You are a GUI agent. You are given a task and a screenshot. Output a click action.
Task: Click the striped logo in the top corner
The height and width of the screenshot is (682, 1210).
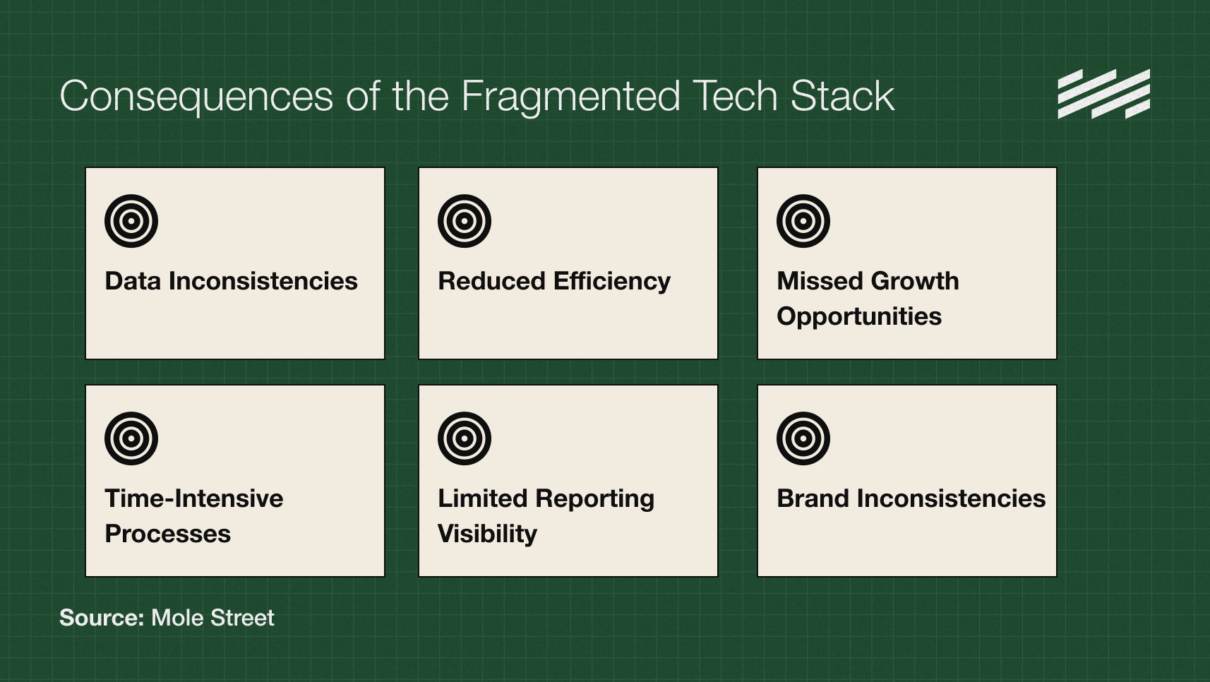tap(1103, 94)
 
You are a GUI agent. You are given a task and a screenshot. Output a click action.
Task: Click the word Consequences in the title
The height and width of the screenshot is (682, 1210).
tap(196, 97)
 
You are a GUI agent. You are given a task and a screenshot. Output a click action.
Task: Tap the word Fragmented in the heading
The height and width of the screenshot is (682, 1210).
tap(570, 97)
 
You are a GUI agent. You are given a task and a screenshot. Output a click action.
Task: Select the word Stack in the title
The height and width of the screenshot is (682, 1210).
tap(842, 97)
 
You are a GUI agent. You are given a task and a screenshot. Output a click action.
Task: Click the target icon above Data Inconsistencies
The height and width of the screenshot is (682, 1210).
tap(131, 221)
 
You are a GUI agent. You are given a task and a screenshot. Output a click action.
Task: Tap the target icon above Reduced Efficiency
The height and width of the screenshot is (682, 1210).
tap(465, 221)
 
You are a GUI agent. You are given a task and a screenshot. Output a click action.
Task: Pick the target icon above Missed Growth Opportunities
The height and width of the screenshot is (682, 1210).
tap(803, 221)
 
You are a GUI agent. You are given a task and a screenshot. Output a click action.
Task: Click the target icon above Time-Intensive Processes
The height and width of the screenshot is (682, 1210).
tap(131, 438)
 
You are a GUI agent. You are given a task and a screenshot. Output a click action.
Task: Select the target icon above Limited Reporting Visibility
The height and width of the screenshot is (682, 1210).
tap(465, 438)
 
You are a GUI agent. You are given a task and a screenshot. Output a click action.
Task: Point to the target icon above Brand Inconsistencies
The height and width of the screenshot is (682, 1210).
tap(803, 438)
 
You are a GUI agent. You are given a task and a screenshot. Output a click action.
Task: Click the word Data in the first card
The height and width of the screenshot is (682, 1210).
tap(133, 281)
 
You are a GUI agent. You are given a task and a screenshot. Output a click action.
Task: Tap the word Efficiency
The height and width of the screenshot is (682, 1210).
tap(612, 281)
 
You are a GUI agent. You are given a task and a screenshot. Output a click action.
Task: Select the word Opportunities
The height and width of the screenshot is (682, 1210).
tap(859, 316)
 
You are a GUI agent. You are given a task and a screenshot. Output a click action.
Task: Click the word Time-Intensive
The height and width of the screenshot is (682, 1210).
tap(194, 498)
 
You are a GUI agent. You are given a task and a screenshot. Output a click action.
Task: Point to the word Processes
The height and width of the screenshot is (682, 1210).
tap(167, 534)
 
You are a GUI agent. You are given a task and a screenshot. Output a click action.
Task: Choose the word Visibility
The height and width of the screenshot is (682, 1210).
tap(487, 534)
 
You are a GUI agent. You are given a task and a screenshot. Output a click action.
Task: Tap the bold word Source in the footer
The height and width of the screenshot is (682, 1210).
tap(102, 618)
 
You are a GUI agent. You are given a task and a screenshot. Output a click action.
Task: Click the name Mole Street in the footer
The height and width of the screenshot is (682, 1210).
tap(212, 618)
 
